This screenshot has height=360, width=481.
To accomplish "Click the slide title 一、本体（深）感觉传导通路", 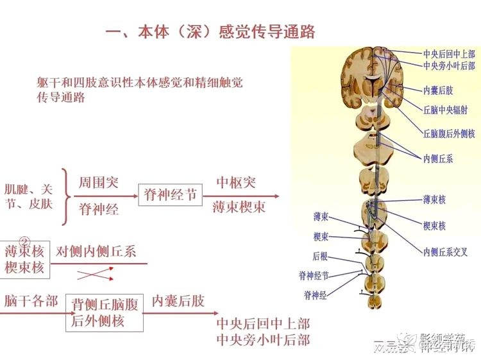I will coord(210,31).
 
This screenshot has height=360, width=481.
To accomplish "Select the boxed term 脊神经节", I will coord(170,194).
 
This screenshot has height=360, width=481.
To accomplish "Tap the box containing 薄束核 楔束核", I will coord(25,259).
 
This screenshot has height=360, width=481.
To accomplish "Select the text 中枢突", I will coord(236,182).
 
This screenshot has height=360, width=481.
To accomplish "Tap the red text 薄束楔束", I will coord(239,207).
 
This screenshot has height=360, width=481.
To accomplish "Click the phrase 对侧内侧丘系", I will coord(96,252).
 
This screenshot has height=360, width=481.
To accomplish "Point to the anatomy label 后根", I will coord(320,256).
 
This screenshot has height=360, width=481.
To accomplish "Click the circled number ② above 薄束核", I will coord(24,241).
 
